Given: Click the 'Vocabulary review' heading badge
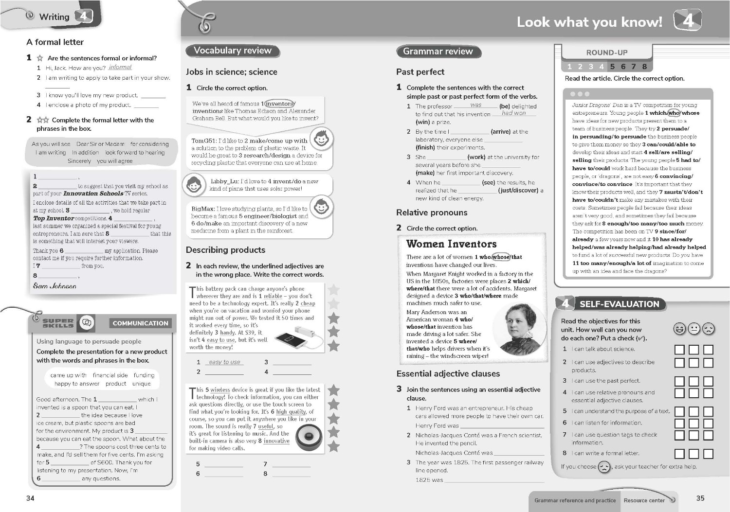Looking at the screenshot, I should coord(232,51).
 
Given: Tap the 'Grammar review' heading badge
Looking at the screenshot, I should coord(438,52).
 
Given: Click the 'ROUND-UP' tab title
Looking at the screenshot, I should coord(606,53).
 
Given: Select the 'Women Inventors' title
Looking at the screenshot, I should coord(451,244).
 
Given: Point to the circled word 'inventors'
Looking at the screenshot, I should coord(279,104).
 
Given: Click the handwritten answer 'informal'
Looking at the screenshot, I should coord(120,68).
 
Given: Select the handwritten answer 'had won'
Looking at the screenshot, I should coord(513,113).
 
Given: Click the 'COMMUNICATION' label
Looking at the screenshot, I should coord(140,323).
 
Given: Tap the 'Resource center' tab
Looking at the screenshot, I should coord(644,500).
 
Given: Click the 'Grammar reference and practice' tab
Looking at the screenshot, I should coord(575,500).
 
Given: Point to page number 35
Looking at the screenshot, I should coord(700,498).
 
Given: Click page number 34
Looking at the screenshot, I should coord(30,498).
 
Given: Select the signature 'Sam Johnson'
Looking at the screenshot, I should coord(55,286).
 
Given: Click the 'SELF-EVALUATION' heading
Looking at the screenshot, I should coord(619,304).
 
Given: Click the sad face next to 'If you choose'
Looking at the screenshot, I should coord(604,467).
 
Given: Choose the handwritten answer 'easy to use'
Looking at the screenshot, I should coord(224,362).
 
